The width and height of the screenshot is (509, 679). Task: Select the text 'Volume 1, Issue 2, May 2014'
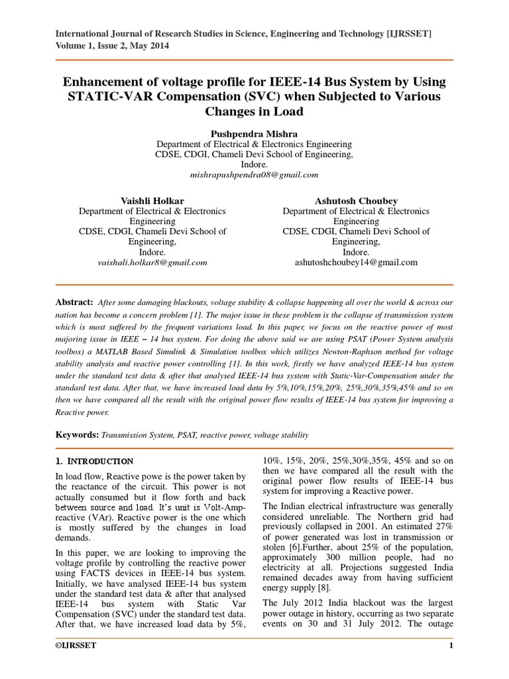pyautogui.click(x=111, y=46)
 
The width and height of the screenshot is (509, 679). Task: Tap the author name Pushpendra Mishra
pyautogui.click(x=254, y=133)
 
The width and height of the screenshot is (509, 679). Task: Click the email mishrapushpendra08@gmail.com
pyautogui.click(x=254, y=175)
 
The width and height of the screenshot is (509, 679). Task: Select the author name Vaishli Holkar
pyautogui.click(x=152, y=200)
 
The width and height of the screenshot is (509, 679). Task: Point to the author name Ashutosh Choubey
pyautogui.click(x=356, y=200)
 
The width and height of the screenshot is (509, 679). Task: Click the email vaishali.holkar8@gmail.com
pyautogui.click(x=152, y=263)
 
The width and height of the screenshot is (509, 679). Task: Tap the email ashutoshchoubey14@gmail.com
pyautogui.click(x=356, y=263)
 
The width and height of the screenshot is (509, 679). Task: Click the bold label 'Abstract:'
pyautogui.click(x=74, y=302)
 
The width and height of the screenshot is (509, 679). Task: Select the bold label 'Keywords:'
pyautogui.click(x=76, y=435)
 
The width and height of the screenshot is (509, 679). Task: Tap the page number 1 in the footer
pyautogui.click(x=451, y=646)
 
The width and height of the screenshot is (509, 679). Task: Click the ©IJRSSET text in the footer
pyautogui.click(x=76, y=646)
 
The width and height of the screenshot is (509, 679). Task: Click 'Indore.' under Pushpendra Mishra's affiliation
pyautogui.click(x=254, y=164)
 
